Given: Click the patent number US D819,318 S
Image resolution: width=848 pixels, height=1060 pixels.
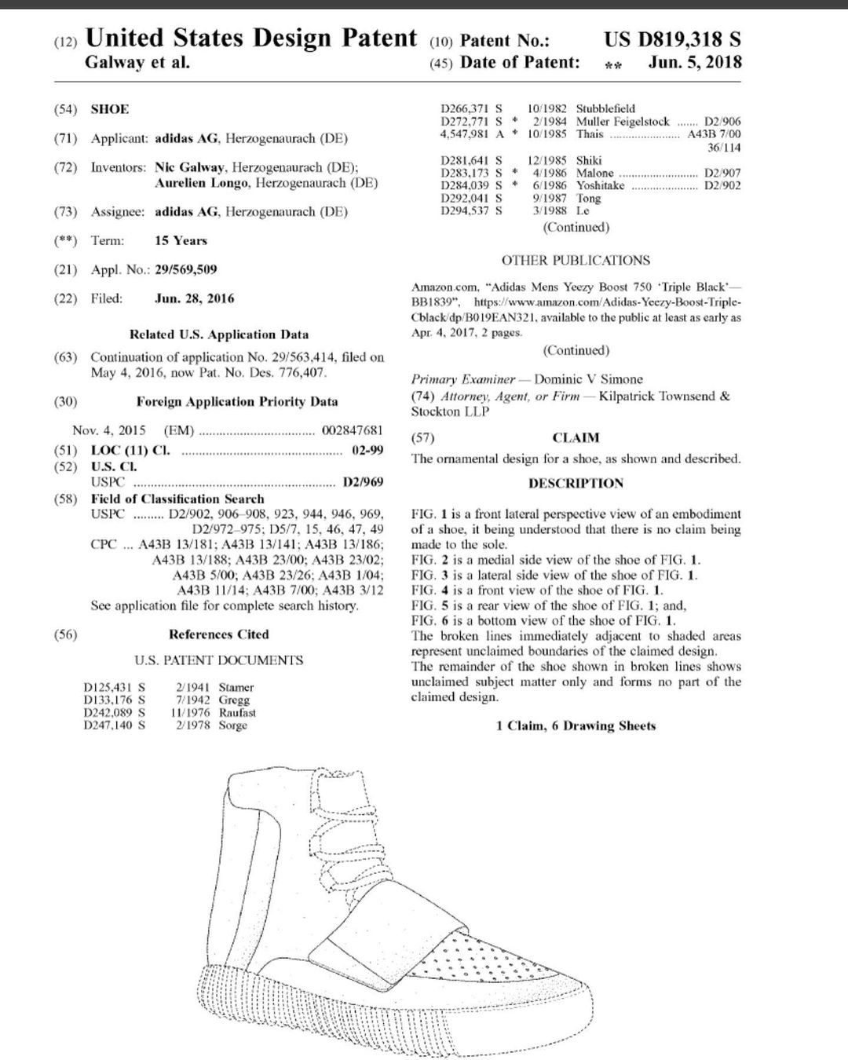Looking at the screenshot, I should click(x=672, y=40).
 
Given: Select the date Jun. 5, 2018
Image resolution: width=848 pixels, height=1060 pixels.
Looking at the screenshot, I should click(x=695, y=63).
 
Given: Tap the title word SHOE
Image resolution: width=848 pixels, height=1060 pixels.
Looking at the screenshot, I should click(x=110, y=109).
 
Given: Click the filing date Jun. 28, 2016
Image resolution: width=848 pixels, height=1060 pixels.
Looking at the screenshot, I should click(x=195, y=298).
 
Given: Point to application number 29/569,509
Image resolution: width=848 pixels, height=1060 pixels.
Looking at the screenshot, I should click(x=186, y=269).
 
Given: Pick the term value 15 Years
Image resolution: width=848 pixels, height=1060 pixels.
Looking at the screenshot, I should click(x=181, y=240).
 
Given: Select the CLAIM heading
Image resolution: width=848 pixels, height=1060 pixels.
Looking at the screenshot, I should click(x=576, y=437).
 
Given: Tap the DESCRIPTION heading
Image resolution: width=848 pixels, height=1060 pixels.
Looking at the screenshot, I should click(x=576, y=483).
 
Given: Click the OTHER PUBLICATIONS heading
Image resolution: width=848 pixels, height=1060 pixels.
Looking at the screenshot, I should click(x=576, y=260).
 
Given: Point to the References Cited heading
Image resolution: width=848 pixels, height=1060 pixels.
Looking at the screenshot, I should click(x=218, y=634).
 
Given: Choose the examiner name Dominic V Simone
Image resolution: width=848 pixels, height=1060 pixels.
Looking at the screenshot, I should click(x=588, y=379).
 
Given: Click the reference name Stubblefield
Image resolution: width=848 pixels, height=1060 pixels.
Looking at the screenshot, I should click(x=605, y=108).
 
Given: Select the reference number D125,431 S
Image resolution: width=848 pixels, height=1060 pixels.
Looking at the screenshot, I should click(x=115, y=687).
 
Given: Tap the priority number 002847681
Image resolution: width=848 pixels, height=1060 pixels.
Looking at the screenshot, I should click(x=353, y=430).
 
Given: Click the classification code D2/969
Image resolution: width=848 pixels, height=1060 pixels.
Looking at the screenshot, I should click(x=364, y=482).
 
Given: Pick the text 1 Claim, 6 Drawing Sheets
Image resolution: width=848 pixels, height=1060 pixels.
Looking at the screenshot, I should click(x=576, y=726).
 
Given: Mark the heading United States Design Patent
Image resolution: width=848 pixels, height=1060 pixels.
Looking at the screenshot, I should click(x=250, y=38).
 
